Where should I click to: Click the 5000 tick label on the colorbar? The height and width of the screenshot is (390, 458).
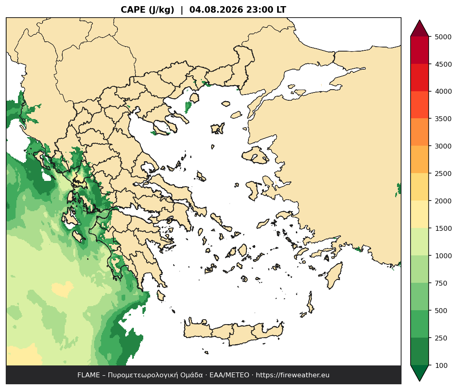pyautogui.click(x=443, y=37)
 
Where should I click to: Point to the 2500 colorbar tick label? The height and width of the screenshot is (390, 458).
pyautogui.click(x=443, y=174)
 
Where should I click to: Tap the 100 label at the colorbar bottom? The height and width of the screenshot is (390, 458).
pyautogui.click(x=441, y=365)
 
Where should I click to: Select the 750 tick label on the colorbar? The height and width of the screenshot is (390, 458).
pyautogui.click(x=441, y=283)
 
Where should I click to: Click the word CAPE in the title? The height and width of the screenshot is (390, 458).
pyautogui.click(x=133, y=10)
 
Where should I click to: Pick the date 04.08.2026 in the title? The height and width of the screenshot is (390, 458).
pyautogui.click(x=216, y=10)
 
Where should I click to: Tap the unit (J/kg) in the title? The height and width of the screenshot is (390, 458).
pyautogui.click(x=162, y=10)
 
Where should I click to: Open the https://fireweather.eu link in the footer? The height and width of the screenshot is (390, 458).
pyautogui.click(x=293, y=375)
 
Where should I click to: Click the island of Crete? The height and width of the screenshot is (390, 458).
pyautogui.click(x=234, y=333)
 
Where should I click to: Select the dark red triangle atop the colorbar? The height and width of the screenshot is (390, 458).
pyautogui.click(x=420, y=29)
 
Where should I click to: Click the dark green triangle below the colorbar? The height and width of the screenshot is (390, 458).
pyautogui.click(x=420, y=373)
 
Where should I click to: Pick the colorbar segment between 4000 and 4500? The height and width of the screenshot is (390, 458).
pyautogui.click(x=420, y=78)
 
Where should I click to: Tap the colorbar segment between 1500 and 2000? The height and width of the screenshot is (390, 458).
pyautogui.click(x=420, y=214)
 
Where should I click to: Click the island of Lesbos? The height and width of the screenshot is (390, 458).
pyautogui.click(x=255, y=155)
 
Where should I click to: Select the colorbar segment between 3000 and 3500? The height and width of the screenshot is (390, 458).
pyautogui.click(x=420, y=132)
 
